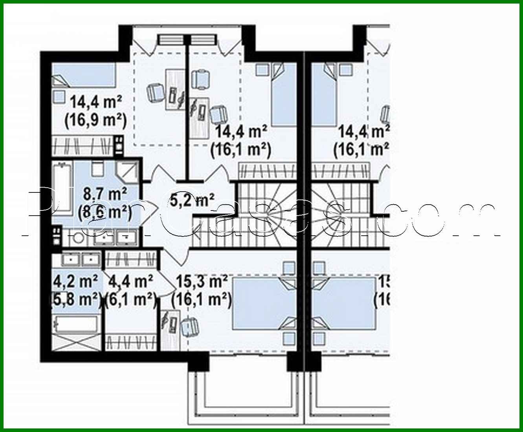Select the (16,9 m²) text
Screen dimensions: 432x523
coord(95,120)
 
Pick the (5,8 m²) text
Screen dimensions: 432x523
coord(75,300)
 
